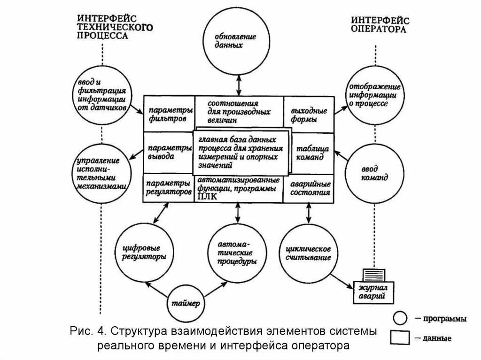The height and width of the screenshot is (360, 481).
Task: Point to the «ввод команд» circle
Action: point(375,171)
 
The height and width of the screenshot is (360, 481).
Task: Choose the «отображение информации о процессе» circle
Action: point(375,95)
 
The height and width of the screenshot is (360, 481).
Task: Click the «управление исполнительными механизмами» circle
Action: point(100,172)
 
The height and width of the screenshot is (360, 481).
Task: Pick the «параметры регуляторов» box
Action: point(168,188)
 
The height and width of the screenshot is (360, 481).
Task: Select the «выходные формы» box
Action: point(309,115)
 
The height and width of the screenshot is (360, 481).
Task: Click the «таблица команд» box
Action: point(310,153)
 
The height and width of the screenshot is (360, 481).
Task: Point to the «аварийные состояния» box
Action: point(309,188)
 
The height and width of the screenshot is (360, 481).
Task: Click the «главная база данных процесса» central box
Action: point(240,152)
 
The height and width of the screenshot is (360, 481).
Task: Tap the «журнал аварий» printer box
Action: point(374,290)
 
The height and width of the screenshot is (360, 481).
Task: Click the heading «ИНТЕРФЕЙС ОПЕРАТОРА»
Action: point(380,24)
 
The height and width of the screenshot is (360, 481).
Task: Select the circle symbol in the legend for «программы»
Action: point(400,319)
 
